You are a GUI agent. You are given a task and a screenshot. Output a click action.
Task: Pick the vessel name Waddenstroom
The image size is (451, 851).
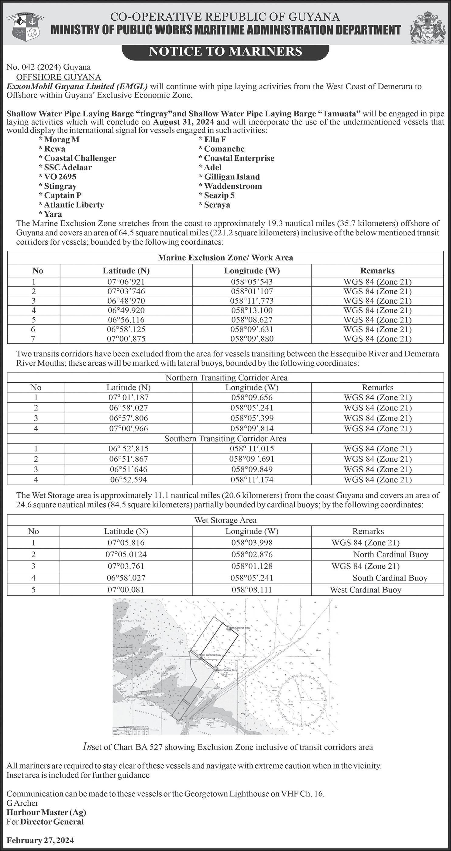(232, 186)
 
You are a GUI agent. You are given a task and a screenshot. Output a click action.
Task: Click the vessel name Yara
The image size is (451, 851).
(53, 214)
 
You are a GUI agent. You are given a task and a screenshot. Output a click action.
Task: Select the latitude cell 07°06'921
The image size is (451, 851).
(126, 282)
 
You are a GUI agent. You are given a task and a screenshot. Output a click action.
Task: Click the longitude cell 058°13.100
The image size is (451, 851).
(252, 310)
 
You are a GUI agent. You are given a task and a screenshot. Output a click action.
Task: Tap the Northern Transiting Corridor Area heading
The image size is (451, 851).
(226, 377)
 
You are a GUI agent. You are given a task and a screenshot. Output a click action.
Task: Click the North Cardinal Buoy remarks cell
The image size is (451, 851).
(391, 554)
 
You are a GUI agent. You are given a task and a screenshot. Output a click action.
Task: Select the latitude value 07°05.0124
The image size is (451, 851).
(126, 554)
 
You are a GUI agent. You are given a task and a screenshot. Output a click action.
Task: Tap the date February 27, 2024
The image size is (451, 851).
(40, 840)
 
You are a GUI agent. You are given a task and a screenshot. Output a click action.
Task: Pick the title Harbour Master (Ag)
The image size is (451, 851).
(46, 812)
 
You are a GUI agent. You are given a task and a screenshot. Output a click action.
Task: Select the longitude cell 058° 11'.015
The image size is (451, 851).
(252, 449)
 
